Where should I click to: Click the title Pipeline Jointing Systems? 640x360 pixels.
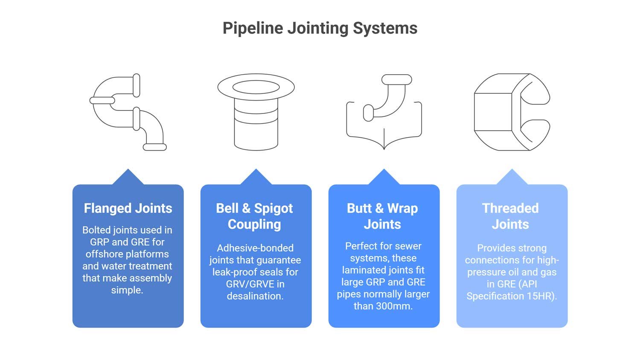click(320, 28)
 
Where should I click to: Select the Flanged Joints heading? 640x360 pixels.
click(128, 208)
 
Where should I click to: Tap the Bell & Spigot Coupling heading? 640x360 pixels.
click(255, 216)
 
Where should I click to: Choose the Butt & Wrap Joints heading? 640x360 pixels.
click(383, 216)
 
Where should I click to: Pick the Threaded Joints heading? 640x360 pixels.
click(510, 216)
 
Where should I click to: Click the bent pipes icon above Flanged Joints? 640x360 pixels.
click(128, 112)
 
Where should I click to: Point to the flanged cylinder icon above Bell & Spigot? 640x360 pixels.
click(256, 112)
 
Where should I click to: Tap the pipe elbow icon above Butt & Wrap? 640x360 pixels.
click(384, 112)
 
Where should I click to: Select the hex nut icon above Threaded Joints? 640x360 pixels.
click(512, 112)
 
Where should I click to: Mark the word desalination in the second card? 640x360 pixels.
click(254, 296)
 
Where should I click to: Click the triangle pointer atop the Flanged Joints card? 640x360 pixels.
click(128, 178)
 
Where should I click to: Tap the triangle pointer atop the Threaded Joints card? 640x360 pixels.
click(512, 178)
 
